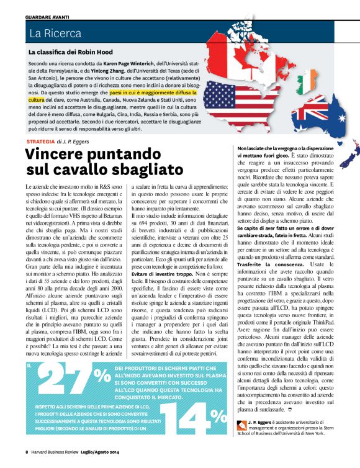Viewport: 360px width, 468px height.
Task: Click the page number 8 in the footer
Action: pyautogui.click(x=27, y=451)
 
